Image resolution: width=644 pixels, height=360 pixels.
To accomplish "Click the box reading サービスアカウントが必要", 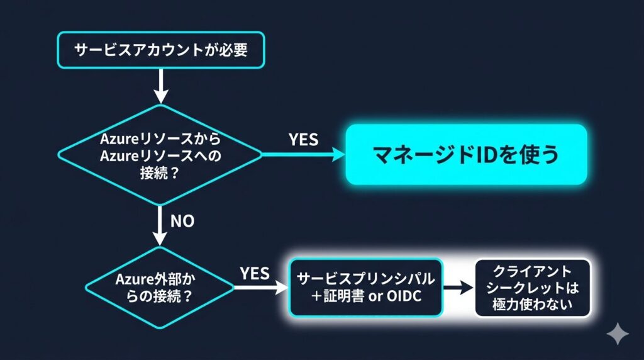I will (x=161, y=49).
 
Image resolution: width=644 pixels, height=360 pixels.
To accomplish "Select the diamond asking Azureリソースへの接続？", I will (x=161, y=155).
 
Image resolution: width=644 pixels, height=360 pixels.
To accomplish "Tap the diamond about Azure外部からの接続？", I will (x=160, y=288).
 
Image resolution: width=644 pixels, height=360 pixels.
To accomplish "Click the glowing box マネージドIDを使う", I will (x=466, y=155).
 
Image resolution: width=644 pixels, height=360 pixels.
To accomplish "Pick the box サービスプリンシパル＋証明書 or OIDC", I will (x=365, y=288).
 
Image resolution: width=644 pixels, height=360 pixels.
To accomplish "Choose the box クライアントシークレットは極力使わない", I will (x=532, y=288).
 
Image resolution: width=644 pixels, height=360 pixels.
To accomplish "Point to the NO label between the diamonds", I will (x=182, y=221).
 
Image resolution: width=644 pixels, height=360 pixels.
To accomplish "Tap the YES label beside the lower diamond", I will (x=255, y=273).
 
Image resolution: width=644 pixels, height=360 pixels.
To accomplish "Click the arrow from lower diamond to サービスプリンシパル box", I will (x=259, y=288).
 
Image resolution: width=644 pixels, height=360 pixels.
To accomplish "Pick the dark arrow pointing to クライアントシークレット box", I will (x=458, y=288).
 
